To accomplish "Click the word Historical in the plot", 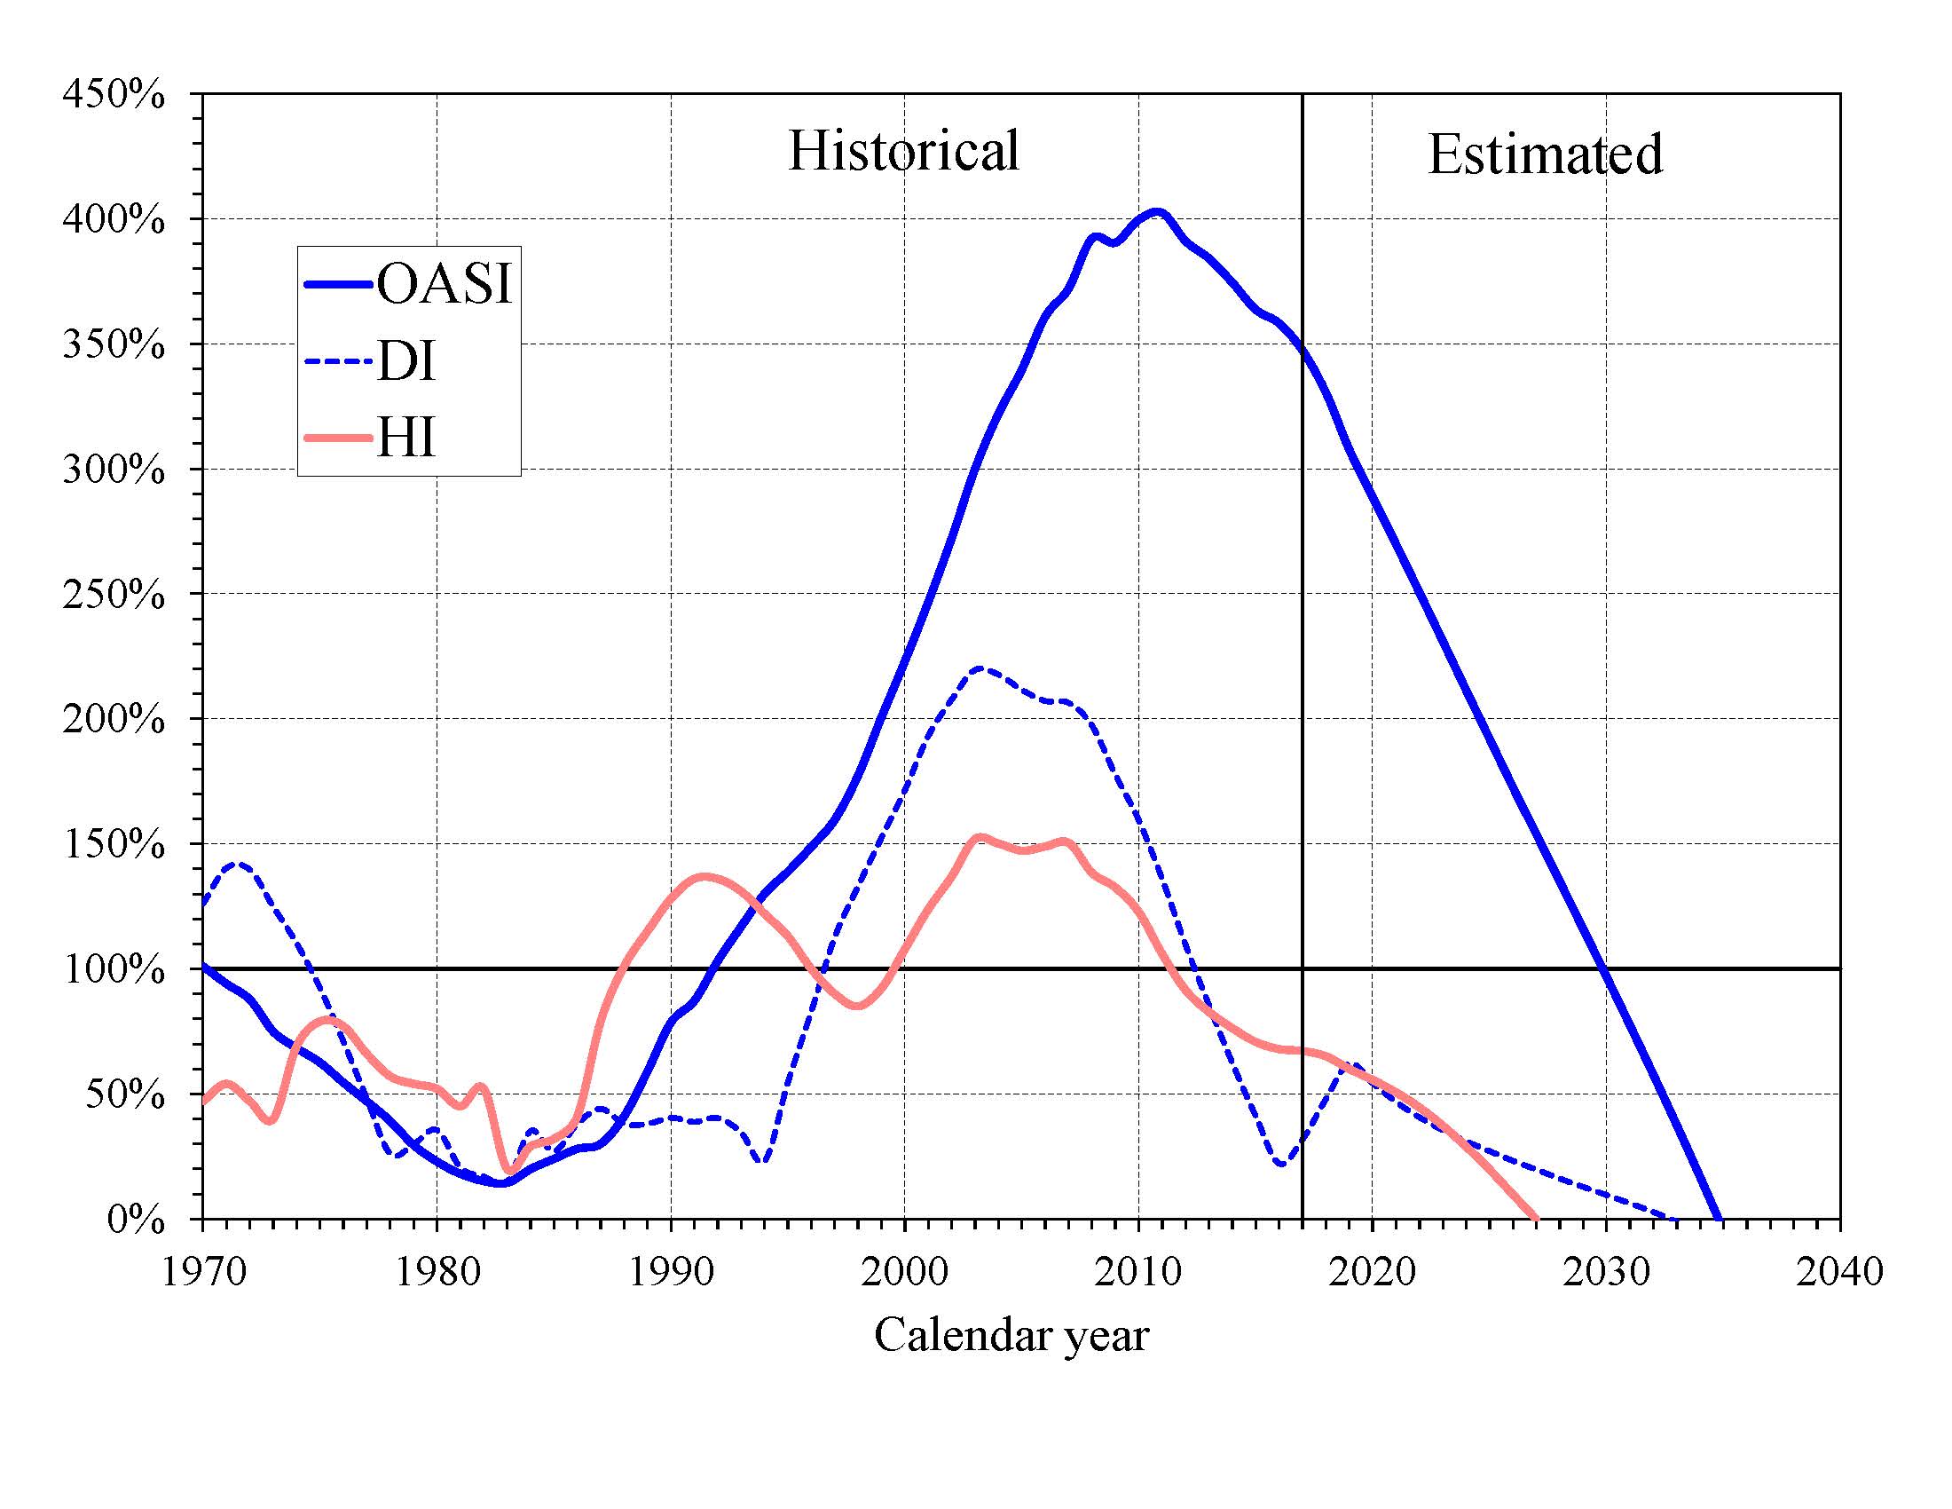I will coord(902,150).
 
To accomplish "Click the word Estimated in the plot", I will coord(1545,154).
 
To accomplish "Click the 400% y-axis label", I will coord(114,219).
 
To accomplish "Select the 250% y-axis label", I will coord(114,594).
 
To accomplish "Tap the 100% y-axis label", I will coord(114,969).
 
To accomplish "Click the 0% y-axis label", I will coord(136,1220).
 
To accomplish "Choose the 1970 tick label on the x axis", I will coord(203,1270).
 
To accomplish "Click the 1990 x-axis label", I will coord(670,1270).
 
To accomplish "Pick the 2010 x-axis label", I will coord(1137,1270).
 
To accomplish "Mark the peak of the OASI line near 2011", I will coord(1157,213).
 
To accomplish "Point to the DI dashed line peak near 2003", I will coord(980,668).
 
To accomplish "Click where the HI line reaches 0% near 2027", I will coord(1536,1218).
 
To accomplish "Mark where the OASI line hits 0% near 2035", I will coord(1718,1218).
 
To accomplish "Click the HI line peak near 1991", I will coord(705,877).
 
